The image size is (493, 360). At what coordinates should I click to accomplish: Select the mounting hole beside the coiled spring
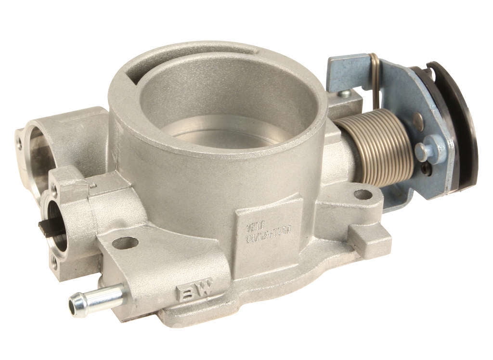(363, 194)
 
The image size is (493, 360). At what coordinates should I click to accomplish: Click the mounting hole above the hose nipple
(125, 243)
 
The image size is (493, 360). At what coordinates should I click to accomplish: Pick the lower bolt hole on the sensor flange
(54, 262)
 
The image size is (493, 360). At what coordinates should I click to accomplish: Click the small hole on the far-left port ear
(19, 143)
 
